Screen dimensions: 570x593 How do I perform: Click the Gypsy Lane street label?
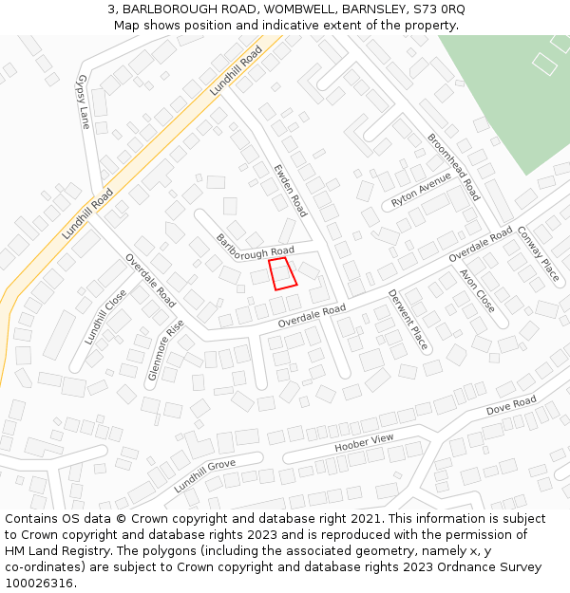pyautogui.click(x=84, y=102)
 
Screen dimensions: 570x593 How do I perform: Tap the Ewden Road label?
pyautogui.click(x=290, y=190)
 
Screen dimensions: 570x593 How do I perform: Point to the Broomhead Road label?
pyautogui.click(x=453, y=166)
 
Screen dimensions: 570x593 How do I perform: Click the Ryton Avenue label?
pyautogui.click(x=421, y=190)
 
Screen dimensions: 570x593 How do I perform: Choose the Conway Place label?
pyautogui.click(x=538, y=253)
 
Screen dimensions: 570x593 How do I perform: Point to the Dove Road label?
pyautogui.click(x=511, y=406)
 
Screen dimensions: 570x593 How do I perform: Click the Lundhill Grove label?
pyautogui.click(x=204, y=475)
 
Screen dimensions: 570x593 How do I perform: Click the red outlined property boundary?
pyautogui.click(x=282, y=273)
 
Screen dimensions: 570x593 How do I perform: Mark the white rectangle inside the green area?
pyautogui.click(x=544, y=64)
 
